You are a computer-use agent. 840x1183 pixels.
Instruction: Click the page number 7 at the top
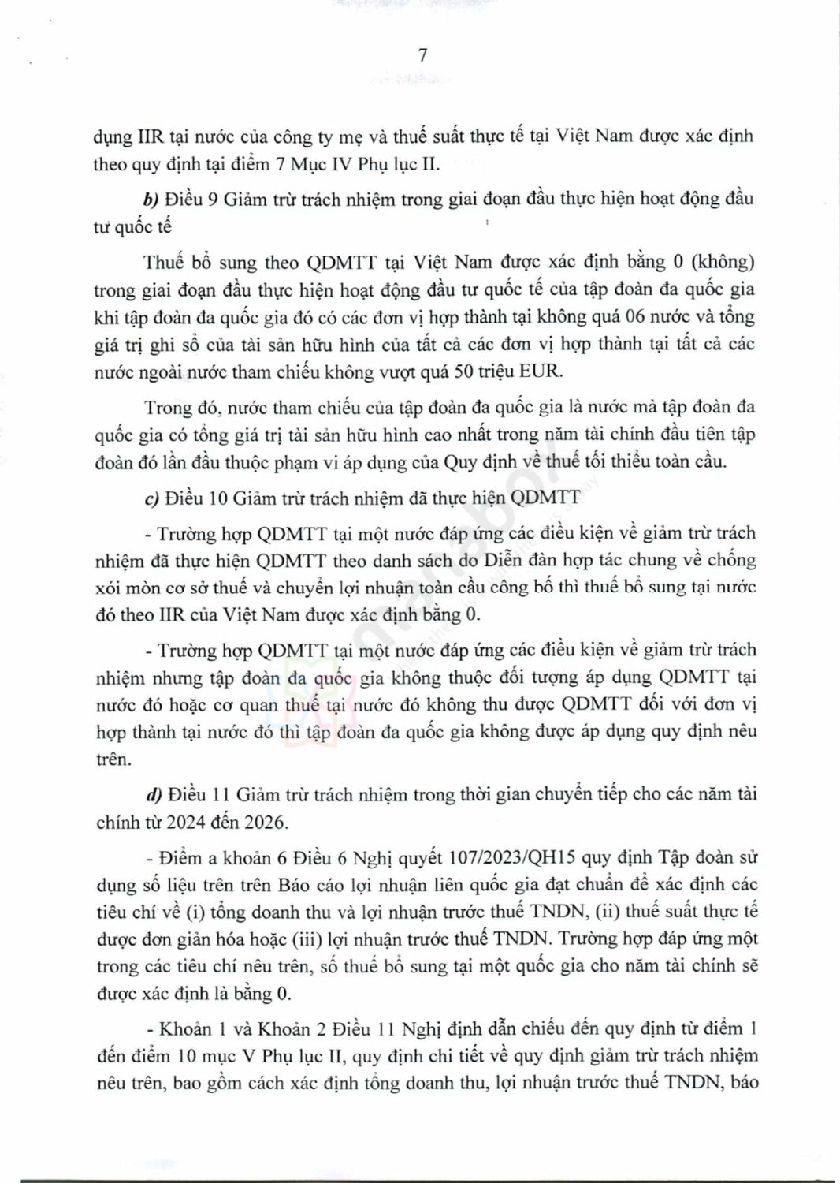[x=422, y=55]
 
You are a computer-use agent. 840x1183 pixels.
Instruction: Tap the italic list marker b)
[x=151, y=199]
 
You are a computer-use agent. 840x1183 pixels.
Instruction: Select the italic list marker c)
[x=151, y=498]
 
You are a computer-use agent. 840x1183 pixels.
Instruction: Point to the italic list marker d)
[x=153, y=794]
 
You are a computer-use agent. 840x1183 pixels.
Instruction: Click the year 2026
[x=264, y=822]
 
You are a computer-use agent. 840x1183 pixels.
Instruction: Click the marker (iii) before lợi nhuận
[x=329, y=939]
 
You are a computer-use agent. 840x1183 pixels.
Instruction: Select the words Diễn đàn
[x=521, y=561]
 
